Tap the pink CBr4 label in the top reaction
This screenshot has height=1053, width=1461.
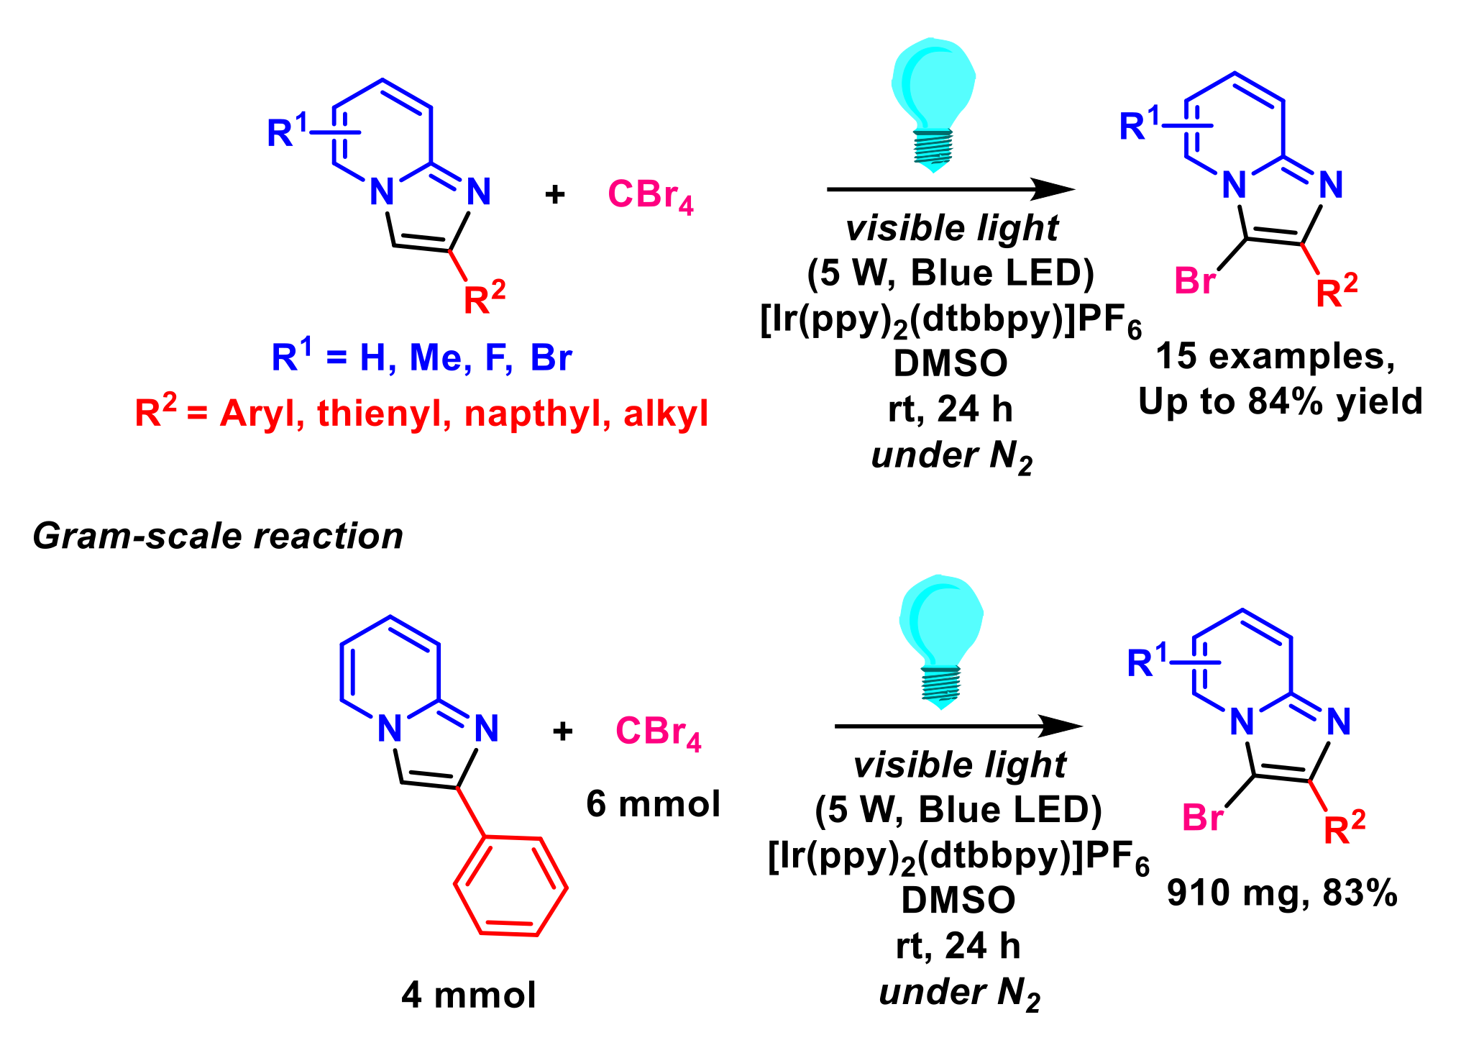[650, 194]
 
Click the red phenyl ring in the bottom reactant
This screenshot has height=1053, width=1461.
[510, 886]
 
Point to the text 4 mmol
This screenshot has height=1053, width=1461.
[469, 995]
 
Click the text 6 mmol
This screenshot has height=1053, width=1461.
[653, 803]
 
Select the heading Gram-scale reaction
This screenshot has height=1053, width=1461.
[218, 537]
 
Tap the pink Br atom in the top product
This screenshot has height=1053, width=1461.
[1194, 281]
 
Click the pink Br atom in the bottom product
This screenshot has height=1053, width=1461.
[1202, 818]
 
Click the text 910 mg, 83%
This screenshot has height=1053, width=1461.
[1282, 893]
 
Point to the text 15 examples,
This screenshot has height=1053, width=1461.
[1275, 356]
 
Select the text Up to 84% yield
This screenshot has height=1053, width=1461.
[1281, 401]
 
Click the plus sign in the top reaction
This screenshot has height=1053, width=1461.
[554, 194]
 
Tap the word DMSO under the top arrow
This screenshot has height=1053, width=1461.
[951, 363]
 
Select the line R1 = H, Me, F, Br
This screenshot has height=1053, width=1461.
[421, 357]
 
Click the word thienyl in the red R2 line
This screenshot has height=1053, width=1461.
[384, 414]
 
